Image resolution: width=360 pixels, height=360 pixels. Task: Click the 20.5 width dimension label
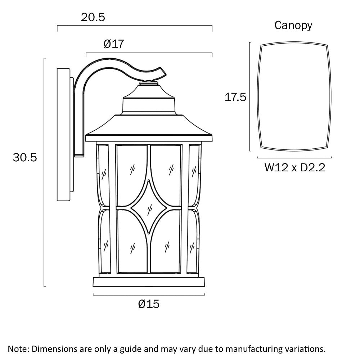tap(93, 17)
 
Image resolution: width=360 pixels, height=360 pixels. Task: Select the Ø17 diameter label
tap(113, 44)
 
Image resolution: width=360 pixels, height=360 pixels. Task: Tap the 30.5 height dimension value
tap(25, 157)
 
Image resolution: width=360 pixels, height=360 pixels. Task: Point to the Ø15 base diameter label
tap(148, 304)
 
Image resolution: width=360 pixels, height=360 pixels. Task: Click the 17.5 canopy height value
tap(235, 97)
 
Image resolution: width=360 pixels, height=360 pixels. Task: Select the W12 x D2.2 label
tap(294, 167)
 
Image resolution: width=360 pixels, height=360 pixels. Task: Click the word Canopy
tap(293, 26)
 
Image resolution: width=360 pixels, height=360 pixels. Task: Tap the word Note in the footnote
tap(20, 349)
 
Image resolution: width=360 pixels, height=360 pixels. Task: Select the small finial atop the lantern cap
tap(149, 83)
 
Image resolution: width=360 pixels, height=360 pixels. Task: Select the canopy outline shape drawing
tap(294, 96)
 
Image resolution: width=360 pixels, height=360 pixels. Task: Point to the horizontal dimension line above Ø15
tap(149, 294)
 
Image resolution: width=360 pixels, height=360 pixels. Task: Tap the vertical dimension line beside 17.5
tap(250, 96)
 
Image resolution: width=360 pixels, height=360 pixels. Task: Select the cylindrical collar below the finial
tap(149, 105)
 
